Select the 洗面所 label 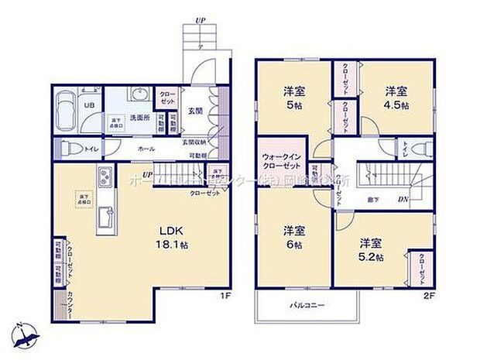(139, 118)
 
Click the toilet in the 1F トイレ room (68, 148)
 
